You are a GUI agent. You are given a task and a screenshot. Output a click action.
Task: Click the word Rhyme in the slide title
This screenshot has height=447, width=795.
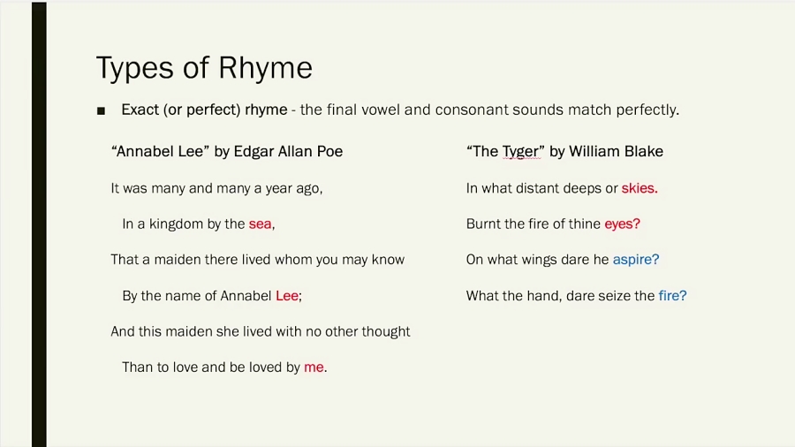pos(267,68)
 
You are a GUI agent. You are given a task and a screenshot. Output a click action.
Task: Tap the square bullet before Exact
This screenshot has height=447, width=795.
pos(101,111)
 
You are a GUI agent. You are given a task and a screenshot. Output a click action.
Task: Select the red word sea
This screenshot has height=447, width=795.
pos(260,224)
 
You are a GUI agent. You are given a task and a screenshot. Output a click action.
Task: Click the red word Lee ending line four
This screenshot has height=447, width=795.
pos(287,296)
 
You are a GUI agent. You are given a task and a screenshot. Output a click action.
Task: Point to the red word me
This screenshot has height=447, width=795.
pos(314,367)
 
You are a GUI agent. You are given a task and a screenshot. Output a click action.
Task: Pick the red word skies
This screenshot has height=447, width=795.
pos(639,188)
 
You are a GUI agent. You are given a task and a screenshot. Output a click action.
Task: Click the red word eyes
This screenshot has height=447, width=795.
pos(621,224)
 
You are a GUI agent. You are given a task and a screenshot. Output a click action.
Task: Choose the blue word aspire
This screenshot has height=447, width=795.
pos(635,260)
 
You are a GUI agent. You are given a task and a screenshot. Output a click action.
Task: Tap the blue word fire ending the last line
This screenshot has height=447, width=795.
pos(670,296)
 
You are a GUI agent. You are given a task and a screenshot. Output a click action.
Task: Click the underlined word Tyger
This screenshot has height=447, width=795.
pos(520,152)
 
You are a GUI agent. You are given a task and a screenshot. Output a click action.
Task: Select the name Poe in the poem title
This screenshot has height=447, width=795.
pos(329,152)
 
